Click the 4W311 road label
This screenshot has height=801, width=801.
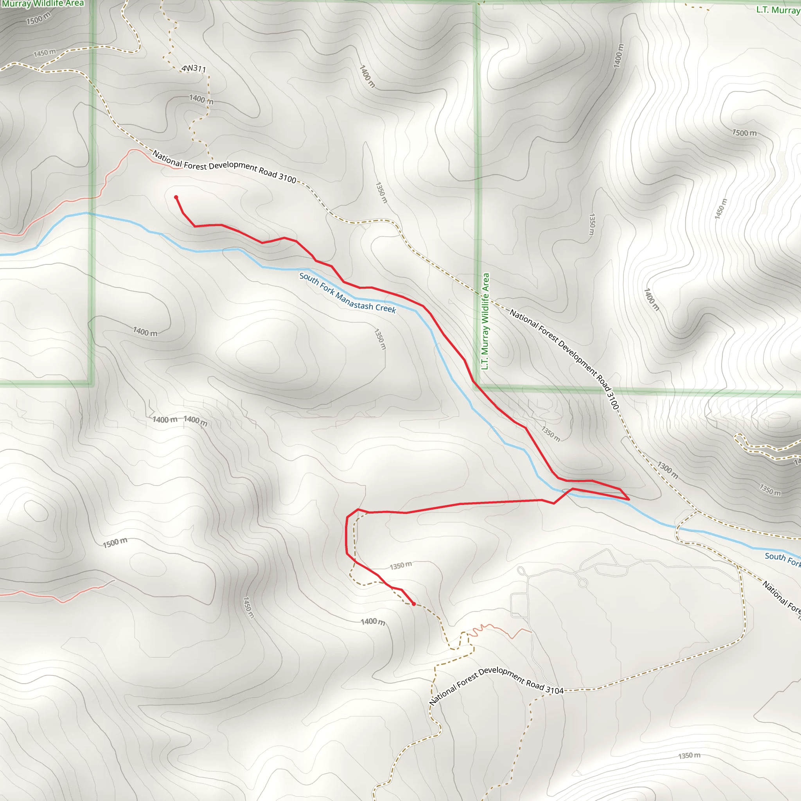click(x=194, y=68)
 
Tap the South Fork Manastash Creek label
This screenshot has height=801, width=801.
click(x=347, y=293)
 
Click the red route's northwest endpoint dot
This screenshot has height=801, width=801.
click(x=176, y=198)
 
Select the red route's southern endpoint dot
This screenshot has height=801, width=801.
click(x=413, y=603)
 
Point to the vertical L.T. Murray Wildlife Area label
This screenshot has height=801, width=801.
click(x=485, y=321)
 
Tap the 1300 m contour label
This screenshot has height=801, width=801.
click(x=668, y=470)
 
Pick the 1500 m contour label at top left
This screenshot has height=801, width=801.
click(x=38, y=18)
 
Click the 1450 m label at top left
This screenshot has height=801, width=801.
click(x=44, y=53)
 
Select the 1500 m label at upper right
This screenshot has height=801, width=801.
click(x=744, y=133)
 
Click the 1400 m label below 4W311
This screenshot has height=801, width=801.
click(x=201, y=99)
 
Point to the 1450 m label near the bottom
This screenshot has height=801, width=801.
click(x=248, y=607)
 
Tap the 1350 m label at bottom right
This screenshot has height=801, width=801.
click(x=689, y=755)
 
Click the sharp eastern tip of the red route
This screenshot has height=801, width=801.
click(x=629, y=499)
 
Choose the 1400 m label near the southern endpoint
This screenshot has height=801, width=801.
click(x=373, y=621)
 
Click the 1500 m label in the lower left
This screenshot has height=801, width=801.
click(x=115, y=543)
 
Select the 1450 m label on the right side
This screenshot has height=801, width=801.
click(x=721, y=208)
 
